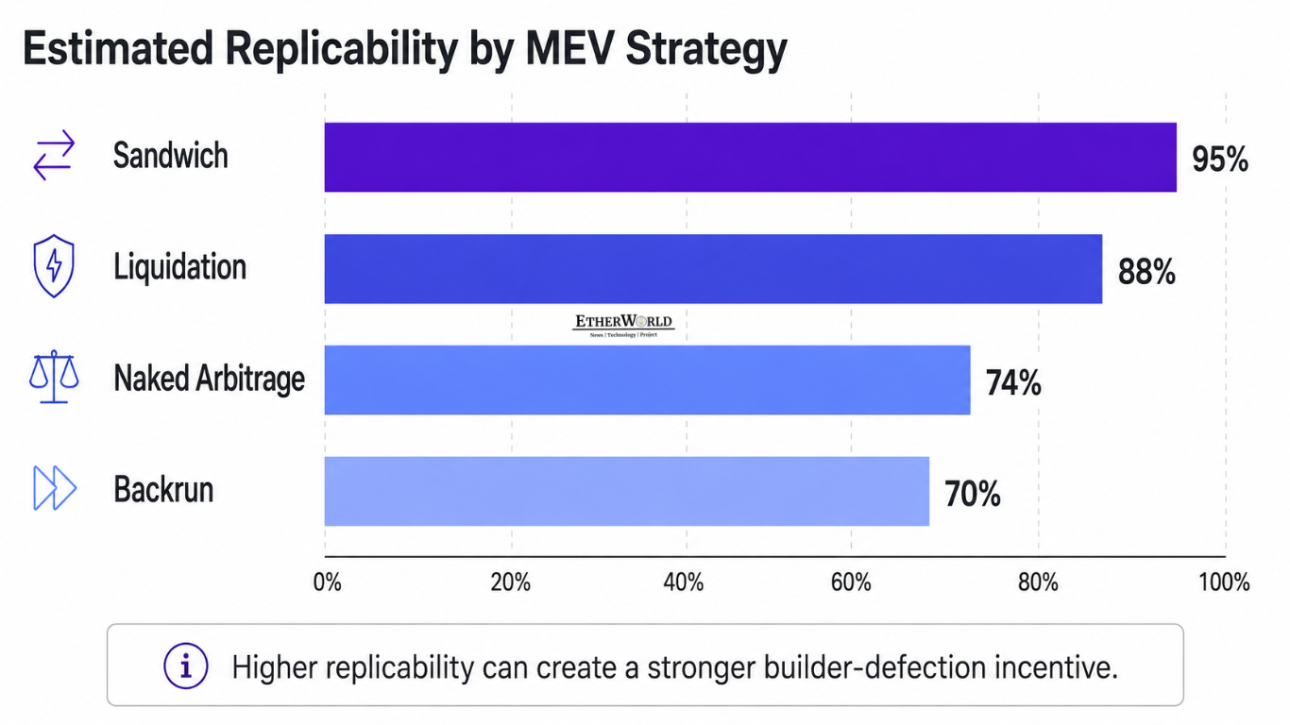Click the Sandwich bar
pos(751,158)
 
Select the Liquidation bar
pos(714,269)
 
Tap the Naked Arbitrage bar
pos(647,380)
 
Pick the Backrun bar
pos(627,491)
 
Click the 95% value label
pos(1220,160)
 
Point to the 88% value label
pos(1146,272)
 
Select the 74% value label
pos(1013,383)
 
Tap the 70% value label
pos(973,494)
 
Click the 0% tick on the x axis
pos(327,582)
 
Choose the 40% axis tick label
pos(684,582)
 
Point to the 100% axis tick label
pos(1224,582)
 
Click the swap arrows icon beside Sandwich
pos(54,155)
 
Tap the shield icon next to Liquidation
pos(54,265)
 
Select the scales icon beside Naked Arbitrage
pos(54,377)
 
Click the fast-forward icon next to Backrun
pos(55,488)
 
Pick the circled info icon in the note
pos(185,666)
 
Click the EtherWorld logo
pos(623,326)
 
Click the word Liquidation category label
pos(179,267)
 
